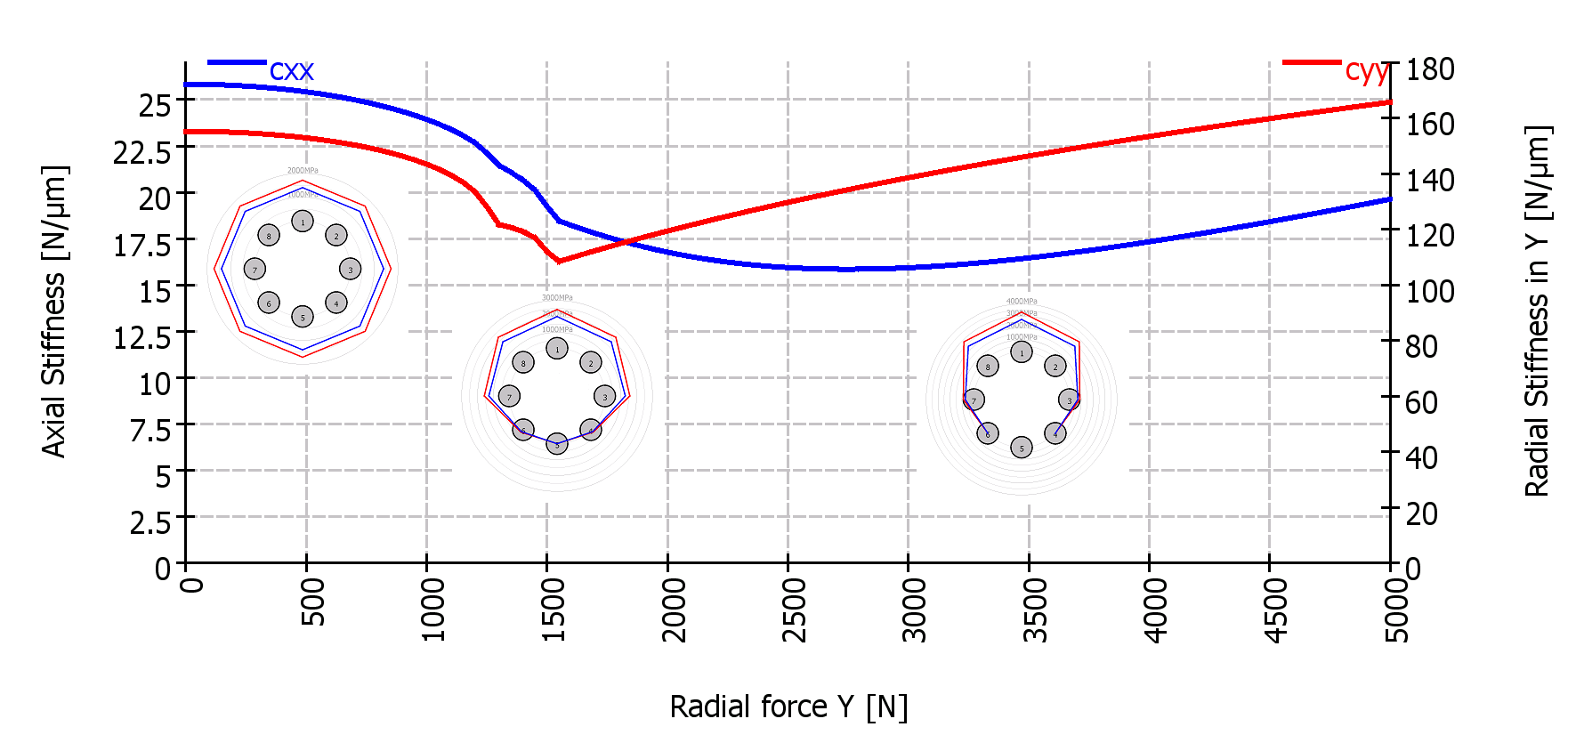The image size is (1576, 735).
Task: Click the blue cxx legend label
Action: pos(291,70)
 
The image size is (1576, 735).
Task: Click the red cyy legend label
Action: pos(1366,70)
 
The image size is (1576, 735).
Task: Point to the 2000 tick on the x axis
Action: pos(667,562)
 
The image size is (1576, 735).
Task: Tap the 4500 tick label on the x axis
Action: pos(1274,610)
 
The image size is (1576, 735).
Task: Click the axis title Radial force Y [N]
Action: pos(788,707)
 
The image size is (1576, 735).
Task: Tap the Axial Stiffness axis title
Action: pos(54,311)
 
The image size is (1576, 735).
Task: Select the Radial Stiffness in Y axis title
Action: pos(1537,311)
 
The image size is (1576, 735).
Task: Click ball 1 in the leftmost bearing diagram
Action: pos(303,221)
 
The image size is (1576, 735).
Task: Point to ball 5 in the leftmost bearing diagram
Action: pos(303,317)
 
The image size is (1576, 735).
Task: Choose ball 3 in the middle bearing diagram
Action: pos(605,397)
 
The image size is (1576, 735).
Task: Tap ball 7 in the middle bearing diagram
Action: pos(509,397)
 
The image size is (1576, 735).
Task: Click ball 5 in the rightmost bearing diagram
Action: pos(1022,448)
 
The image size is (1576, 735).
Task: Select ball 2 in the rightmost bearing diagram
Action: pos(1055,366)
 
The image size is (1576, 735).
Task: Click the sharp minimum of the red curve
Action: pos(559,261)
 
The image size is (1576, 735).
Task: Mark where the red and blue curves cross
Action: pos(626,241)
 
